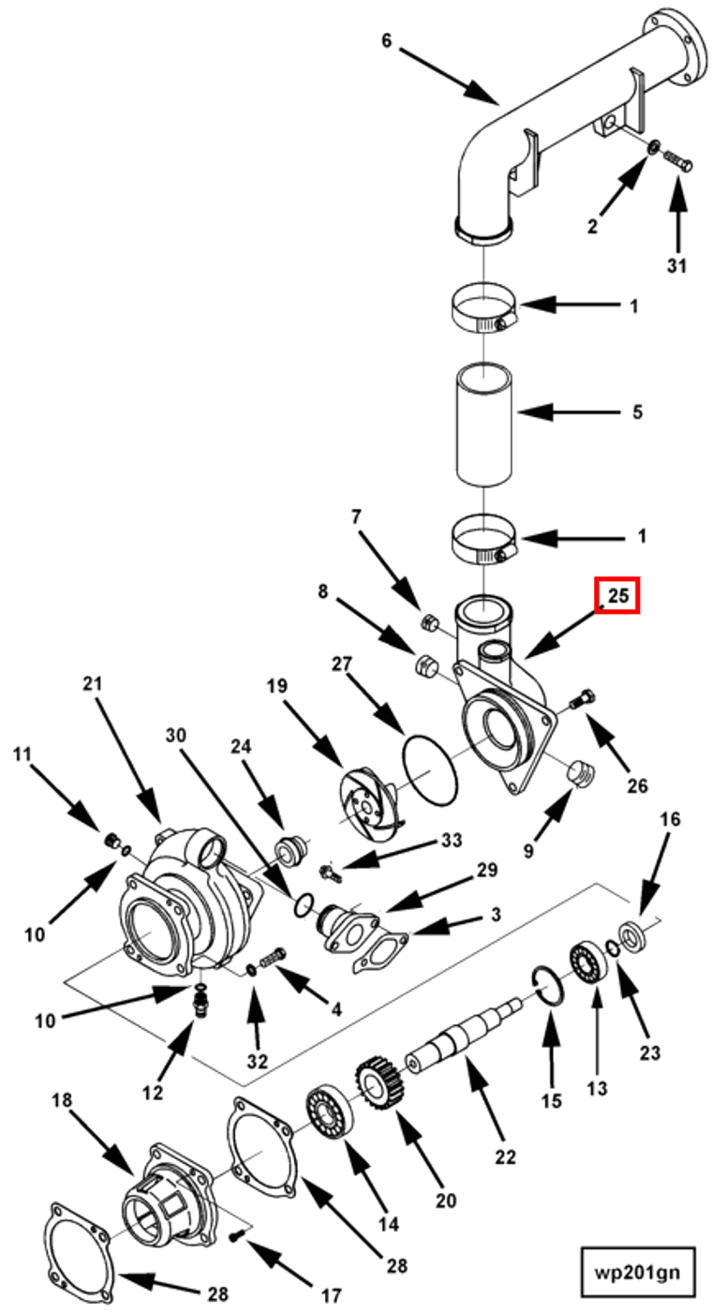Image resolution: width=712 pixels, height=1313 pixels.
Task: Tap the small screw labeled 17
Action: (x=240, y=1235)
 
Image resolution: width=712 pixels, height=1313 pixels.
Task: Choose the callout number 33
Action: (x=452, y=841)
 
